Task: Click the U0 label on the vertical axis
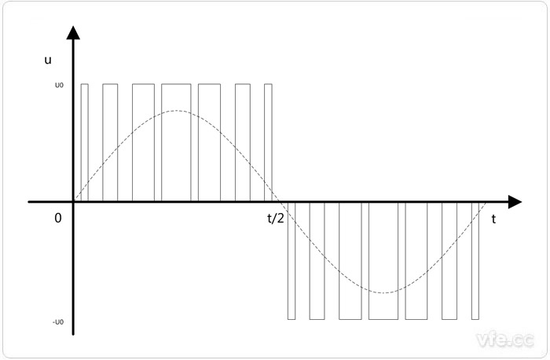(59, 85)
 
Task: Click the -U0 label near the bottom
(58, 322)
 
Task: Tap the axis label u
(48, 61)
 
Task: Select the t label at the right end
(493, 219)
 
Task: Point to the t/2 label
(275, 219)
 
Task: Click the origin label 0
(58, 219)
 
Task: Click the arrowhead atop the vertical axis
(73, 33)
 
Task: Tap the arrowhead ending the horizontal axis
(515, 202)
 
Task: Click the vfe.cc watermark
(505, 340)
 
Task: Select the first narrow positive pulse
(85, 84)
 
